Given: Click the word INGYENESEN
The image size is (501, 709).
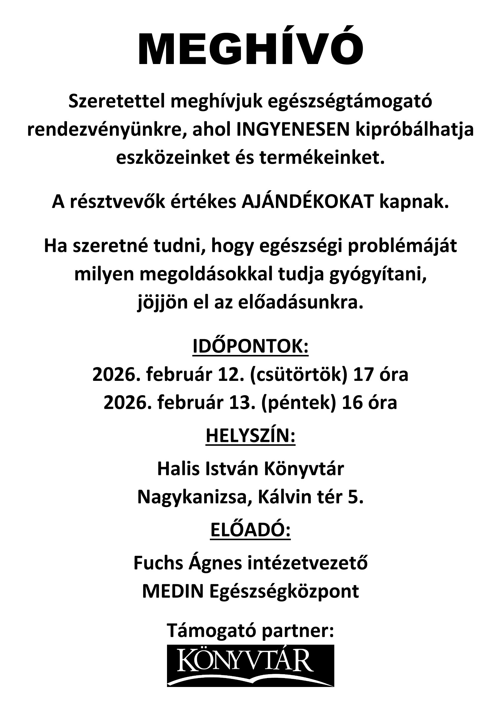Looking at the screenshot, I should click(x=293, y=130).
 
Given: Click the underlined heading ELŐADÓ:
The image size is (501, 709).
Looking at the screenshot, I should click(x=250, y=530).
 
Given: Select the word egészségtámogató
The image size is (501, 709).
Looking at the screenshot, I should click(x=350, y=102).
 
